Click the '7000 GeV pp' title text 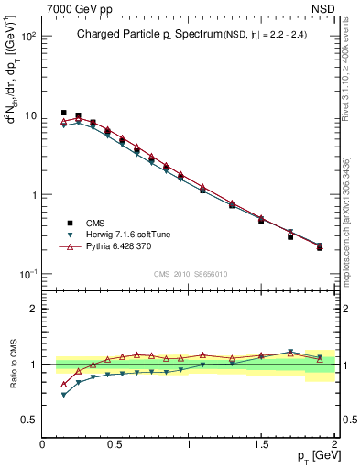click(x=74, y=8)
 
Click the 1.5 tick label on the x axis click(x=261, y=443)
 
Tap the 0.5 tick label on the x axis click(x=115, y=443)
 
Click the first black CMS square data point click(x=63, y=113)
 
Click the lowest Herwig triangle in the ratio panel click(x=63, y=395)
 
